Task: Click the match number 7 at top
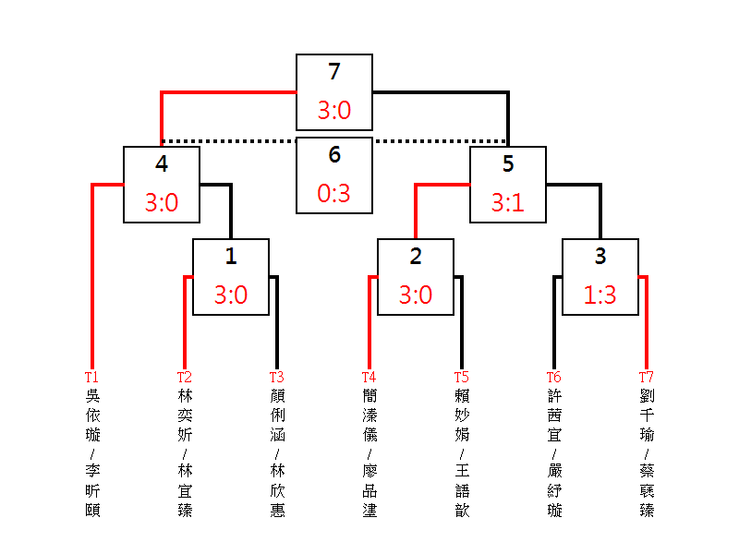coord(334,72)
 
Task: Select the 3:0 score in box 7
coord(334,111)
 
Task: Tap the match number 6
coord(334,155)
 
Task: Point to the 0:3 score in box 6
coord(334,194)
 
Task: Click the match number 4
coord(162,164)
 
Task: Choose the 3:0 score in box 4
coord(162,203)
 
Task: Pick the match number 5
coord(508,164)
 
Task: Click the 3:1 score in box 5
coord(508,203)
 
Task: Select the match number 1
coord(231,257)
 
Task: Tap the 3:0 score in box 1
coord(231,295)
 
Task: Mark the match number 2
coord(416,257)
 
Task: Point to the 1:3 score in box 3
coord(600,295)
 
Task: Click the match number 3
coord(600,257)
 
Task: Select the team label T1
coord(91,377)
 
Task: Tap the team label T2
coord(184,377)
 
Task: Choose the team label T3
coord(276,377)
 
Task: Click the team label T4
coord(369,377)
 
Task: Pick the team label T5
coord(461,377)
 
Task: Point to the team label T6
coord(553,377)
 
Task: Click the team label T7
coord(646,377)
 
